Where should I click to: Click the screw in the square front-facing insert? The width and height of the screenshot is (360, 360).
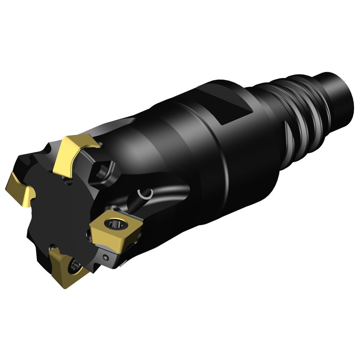[x=114, y=225]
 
